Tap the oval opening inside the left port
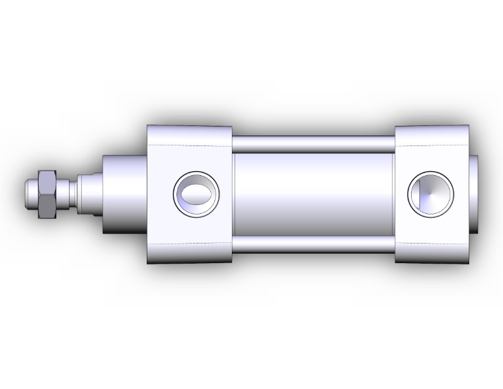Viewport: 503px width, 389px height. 197,195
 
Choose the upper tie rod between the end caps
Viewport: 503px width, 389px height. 314,143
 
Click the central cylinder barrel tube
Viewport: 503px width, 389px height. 314,195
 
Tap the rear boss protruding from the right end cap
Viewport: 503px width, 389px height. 475,195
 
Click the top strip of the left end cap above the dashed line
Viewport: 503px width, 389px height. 190,135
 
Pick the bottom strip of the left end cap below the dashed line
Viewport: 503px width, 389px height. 190,254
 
